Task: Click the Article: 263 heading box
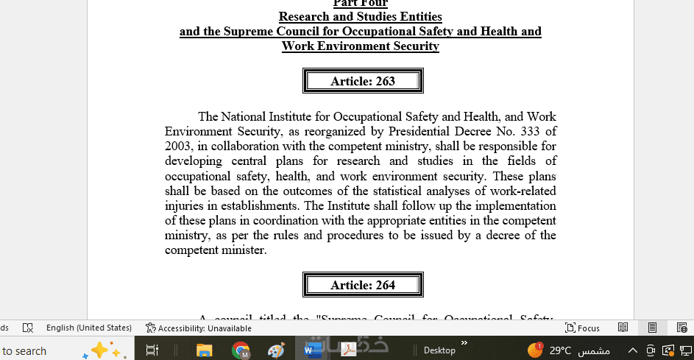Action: click(363, 81)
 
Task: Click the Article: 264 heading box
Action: click(363, 285)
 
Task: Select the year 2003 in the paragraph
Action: click(179, 147)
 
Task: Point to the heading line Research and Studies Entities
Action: click(360, 16)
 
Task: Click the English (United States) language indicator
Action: click(88, 328)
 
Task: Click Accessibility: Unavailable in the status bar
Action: click(204, 328)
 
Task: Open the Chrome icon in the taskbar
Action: click(241, 350)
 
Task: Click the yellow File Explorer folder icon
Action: click(204, 350)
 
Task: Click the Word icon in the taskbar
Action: click(311, 350)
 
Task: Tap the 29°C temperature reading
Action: click(560, 350)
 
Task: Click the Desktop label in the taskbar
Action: click(439, 350)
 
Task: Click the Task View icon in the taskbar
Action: click(152, 350)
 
